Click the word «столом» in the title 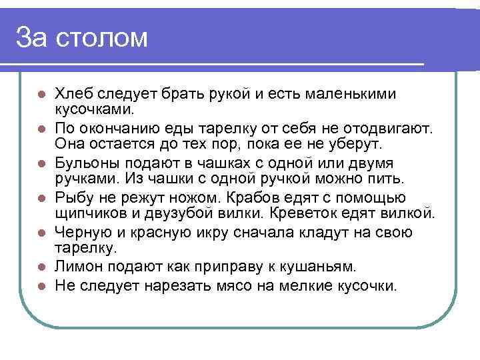click(101, 38)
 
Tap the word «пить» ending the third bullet click(389, 179)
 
